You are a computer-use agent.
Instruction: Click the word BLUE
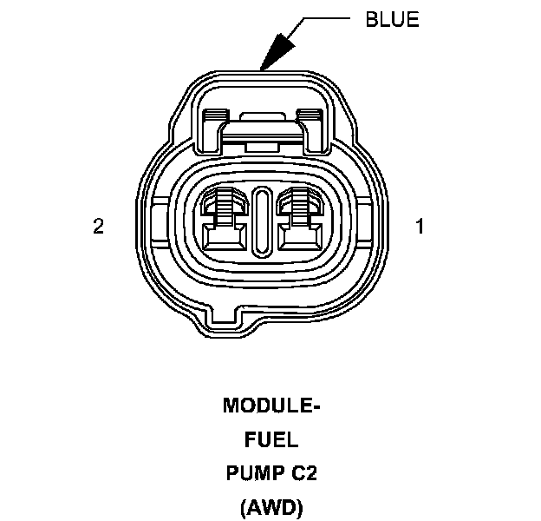click(x=392, y=19)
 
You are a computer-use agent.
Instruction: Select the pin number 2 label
click(x=98, y=227)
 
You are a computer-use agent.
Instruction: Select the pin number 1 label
click(x=420, y=227)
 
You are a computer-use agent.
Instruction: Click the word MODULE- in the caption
click(x=271, y=406)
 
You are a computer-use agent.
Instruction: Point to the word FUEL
click(x=271, y=439)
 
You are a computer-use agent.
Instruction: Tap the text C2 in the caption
click(x=304, y=473)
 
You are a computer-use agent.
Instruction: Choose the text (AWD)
click(x=271, y=507)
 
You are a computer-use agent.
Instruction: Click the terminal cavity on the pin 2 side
click(x=225, y=219)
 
